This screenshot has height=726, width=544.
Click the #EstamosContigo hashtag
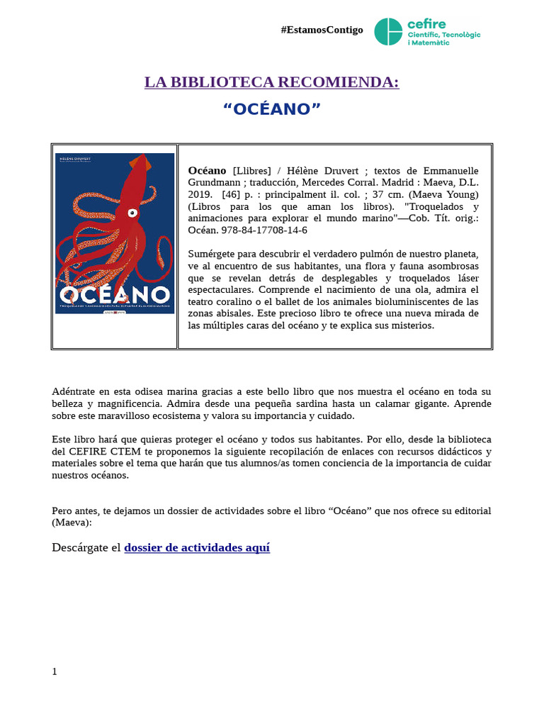(322, 30)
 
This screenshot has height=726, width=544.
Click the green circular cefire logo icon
(387, 31)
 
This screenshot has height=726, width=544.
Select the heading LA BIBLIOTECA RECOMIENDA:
(272, 82)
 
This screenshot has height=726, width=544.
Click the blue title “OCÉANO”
(272, 110)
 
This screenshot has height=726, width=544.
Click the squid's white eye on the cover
(131, 212)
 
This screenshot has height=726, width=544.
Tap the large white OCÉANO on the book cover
(115, 294)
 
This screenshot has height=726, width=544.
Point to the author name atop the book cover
(72, 158)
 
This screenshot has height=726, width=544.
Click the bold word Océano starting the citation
(207, 171)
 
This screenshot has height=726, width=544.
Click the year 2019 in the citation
(200, 194)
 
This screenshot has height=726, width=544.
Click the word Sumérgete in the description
(212, 254)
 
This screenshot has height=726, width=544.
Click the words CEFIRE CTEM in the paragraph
(98, 452)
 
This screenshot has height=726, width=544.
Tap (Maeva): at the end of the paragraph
(72, 523)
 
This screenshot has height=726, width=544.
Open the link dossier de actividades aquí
(197, 548)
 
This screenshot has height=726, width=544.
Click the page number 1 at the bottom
(55, 671)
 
